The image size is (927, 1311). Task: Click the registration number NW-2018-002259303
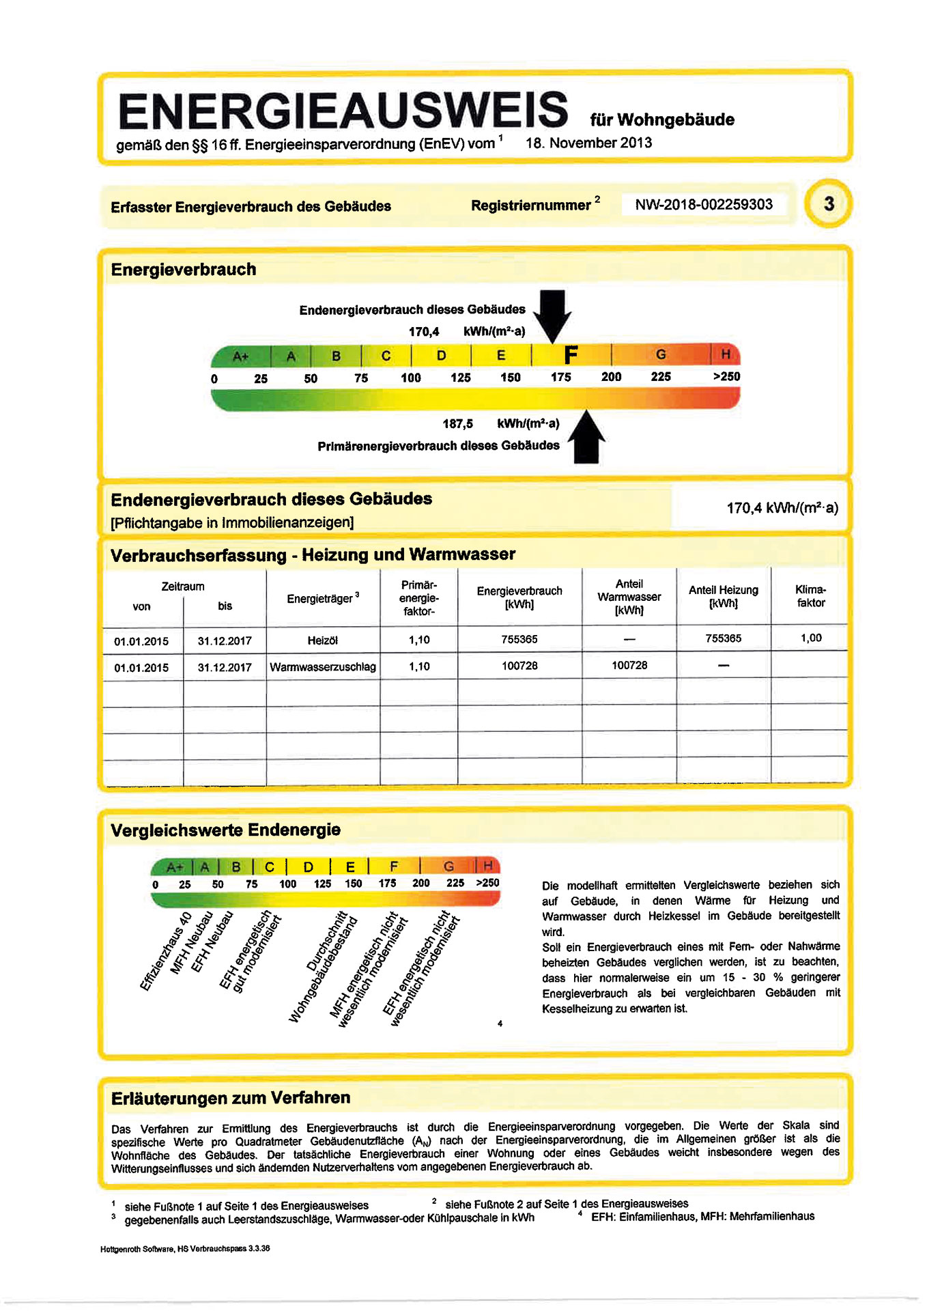[703, 204]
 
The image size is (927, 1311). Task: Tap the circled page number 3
[829, 203]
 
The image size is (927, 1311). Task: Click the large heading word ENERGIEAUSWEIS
[343, 111]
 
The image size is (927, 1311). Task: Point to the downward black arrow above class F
[552, 315]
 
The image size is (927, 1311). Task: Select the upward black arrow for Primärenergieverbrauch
[586, 438]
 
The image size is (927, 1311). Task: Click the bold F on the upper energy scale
[571, 355]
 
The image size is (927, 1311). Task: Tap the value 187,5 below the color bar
[457, 423]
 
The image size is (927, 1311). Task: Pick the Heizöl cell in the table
[322, 640]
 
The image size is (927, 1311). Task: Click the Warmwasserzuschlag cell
[322, 666]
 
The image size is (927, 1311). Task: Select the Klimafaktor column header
[810, 596]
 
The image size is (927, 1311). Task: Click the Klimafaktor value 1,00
[810, 638]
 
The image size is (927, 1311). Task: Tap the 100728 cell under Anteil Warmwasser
[629, 665]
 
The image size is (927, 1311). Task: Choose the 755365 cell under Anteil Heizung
[723, 638]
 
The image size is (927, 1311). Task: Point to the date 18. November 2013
[588, 143]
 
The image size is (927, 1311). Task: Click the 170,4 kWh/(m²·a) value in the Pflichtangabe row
[782, 508]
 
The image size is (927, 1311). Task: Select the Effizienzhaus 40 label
[165, 951]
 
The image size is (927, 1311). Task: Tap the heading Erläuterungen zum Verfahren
[231, 1098]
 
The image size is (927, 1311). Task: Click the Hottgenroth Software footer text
[184, 1248]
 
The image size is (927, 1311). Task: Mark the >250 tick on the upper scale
[726, 376]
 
